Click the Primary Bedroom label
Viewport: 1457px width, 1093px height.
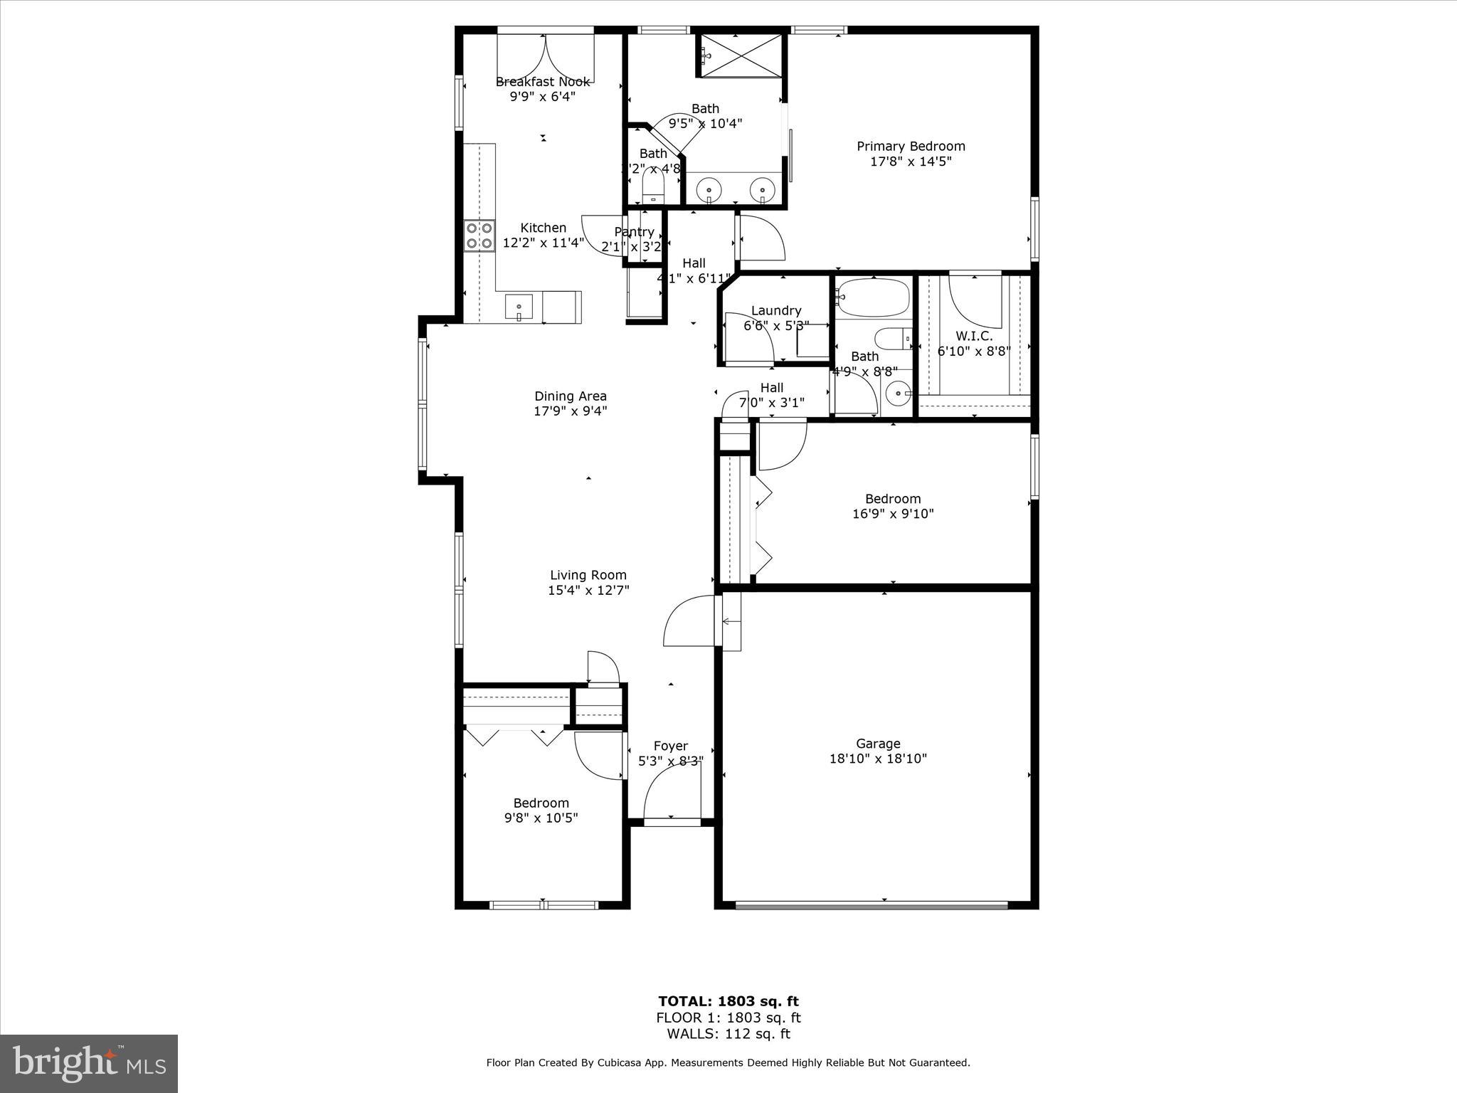911,146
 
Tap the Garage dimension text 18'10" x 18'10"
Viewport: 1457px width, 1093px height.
878,759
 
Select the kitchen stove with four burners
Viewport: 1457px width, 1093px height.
480,236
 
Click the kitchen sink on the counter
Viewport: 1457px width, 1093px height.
519,307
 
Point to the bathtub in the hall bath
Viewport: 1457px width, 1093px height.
874,297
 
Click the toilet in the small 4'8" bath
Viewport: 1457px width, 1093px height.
653,186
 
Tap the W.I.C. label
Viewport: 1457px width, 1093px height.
974,336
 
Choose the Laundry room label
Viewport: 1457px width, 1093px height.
776,310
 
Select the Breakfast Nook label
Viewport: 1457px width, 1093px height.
542,82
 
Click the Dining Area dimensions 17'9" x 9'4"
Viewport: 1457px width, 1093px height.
571,411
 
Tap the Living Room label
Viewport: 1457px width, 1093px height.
588,575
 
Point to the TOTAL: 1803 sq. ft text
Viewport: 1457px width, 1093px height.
728,1002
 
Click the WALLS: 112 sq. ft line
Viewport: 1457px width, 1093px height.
728,1035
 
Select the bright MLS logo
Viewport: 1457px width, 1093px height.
89,1063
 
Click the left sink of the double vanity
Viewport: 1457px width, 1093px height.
709,189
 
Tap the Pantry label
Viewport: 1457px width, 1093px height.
634,232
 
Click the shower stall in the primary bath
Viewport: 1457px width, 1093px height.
740,53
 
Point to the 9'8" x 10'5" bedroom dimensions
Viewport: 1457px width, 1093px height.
541,818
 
